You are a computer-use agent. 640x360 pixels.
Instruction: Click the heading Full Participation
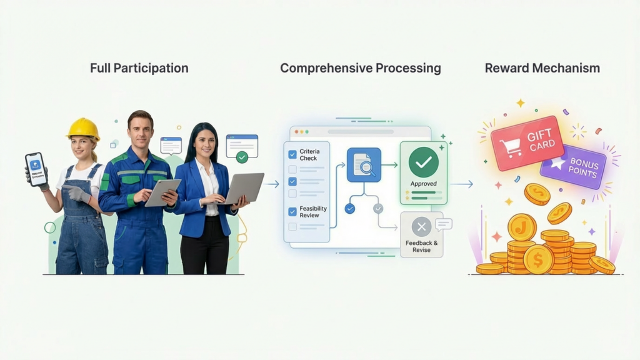pyautogui.click(x=139, y=68)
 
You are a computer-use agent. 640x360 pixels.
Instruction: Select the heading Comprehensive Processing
pyautogui.click(x=360, y=68)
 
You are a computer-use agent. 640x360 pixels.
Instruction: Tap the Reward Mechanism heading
pyautogui.click(x=542, y=68)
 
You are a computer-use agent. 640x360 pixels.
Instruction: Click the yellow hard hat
pyautogui.click(x=83, y=129)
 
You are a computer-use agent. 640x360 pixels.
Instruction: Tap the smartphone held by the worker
pyautogui.click(x=36, y=169)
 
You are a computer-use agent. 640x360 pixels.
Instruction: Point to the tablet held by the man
pyautogui.click(x=162, y=192)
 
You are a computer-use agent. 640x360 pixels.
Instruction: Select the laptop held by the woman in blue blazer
pyautogui.click(x=244, y=187)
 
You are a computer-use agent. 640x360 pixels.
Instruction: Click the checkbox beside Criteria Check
pyautogui.click(x=292, y=154)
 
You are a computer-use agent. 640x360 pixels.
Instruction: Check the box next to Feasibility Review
pyautogui.click(x=292, y=211)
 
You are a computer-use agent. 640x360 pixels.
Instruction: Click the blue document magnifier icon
pyautogui.click(x=364, y=165)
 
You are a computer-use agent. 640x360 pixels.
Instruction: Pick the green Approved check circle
pyautogui.click(x=423, y=162)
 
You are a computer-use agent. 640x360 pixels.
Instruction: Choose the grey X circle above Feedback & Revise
pyautogui.click(x=421, y=226)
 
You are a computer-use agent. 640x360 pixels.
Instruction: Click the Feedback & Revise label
pyautogui.click(x=421, y=246)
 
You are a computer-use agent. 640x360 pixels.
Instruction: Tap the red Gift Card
pyautogui.click(x=527, y=142)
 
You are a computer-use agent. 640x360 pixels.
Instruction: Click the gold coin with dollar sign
pyautogui.click(x=538, y=259)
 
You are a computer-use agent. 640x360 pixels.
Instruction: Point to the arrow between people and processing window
pyautogui.click(x=271, y=184)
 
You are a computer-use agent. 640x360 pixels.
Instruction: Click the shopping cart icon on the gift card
pyautogui.click(x=510, y=147)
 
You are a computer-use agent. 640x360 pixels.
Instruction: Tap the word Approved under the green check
pyautogui.click(x=423, y=184)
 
